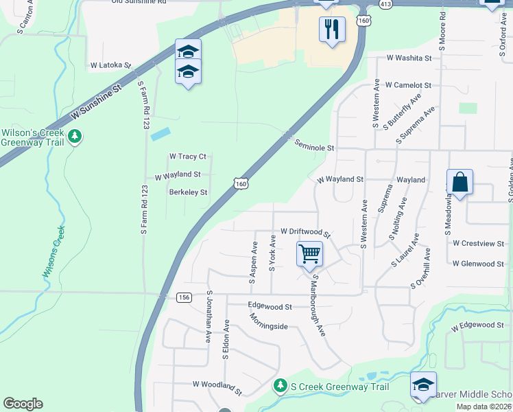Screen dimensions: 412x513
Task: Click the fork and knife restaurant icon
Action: pos(332,29)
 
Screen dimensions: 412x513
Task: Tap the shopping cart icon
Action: pos(309,253)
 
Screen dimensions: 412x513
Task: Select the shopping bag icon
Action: pos(460,183)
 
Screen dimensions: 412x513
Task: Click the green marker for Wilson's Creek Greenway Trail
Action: pos(75,137)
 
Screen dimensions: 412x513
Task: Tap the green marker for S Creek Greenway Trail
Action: pos(279,387)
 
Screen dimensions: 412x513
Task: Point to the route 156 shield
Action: pos(183,297)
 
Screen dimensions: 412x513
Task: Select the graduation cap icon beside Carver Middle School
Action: pos(423,385)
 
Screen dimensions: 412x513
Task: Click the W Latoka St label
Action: pos(110,65)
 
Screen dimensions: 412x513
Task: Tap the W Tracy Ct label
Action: pos(187,157)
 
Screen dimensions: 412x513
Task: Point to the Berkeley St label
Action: pos(188,192)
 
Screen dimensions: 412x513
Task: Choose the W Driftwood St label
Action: pos(306,233)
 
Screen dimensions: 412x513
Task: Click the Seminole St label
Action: pos(314,146)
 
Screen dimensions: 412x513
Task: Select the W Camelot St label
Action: pos(408,85)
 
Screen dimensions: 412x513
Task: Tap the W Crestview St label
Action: pos(478,243)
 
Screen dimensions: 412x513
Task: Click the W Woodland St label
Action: pos(217,387)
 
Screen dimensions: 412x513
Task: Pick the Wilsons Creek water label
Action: pos(54,252)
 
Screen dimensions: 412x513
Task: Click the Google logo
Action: pos(23,404)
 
